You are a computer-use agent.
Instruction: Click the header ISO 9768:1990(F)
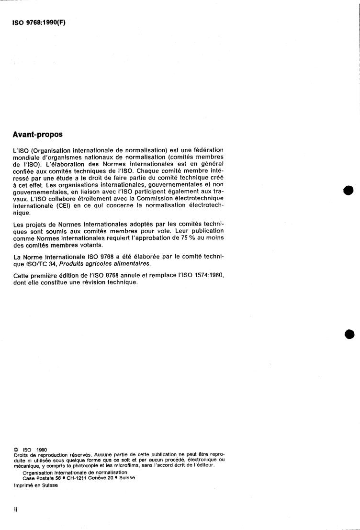(38, 22)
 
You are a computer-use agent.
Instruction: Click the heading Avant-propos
(37, 135)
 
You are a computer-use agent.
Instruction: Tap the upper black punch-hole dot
(348, 190)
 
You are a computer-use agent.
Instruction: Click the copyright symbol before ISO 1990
(16, 450)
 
